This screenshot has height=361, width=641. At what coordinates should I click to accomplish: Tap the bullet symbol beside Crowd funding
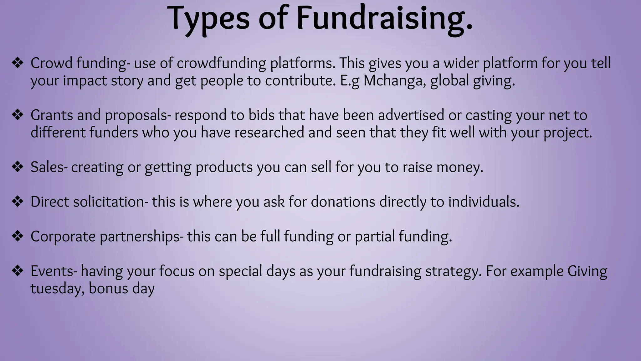[18, 63]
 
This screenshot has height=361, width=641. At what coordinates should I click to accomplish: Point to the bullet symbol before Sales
[18, 167]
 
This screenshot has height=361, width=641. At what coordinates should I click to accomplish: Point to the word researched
[269, 133]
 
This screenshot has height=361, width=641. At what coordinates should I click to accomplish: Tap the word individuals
[484, 202]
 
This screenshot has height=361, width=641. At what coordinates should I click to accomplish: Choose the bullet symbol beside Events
[18, 271]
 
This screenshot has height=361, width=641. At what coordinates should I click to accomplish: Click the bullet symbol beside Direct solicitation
[18, 201]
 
